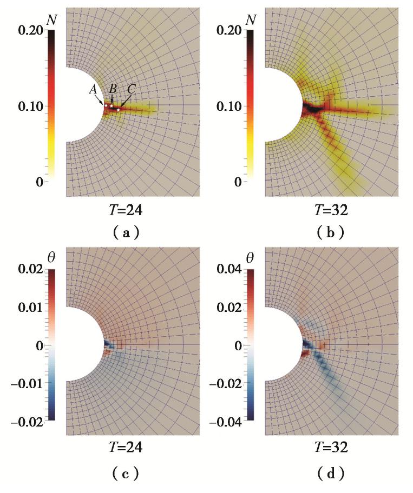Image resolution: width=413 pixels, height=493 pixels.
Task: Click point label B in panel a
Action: pos(113,88)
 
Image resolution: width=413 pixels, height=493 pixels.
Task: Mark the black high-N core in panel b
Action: pos(312,108)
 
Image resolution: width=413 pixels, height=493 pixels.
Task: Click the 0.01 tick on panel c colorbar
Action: pos(26,307)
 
